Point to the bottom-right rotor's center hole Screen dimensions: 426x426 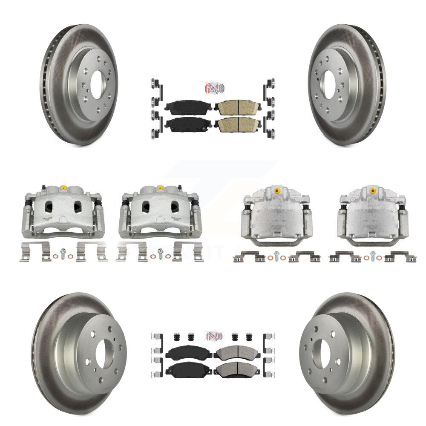(x=322, y=354)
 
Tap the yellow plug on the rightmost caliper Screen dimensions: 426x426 (x=372, y=190)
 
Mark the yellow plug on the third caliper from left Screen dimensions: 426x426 (x=277, y=190)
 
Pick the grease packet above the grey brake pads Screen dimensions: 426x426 (x=213, y=336)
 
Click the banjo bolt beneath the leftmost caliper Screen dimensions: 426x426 (x=63, y=252)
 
